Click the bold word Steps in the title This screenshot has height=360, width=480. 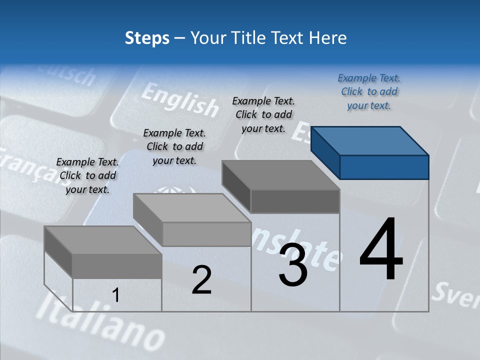pyautogui.click(x=147, y=38)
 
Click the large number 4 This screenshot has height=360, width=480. pyautogui.click(x=381, y=250)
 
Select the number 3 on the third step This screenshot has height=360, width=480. pyautogui.click(x=293, y=265)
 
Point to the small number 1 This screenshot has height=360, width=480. pyautogui.click(x=115, y=295)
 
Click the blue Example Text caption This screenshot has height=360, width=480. pyautogui.click(x=369, y=91)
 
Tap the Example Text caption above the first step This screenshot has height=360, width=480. pyautogui.click(x=87, y=175)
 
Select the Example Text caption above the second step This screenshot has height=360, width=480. pyautogui.click(x=174, y=146)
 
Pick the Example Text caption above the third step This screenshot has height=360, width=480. pyautogui.click(x=263, y=114)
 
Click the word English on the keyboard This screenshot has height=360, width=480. pyautogui.click(x=180, y=99)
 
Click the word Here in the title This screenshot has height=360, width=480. pyautogui.click(x=328, y=38)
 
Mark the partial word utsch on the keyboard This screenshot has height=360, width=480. pyautogui.click(x=69, y=75)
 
